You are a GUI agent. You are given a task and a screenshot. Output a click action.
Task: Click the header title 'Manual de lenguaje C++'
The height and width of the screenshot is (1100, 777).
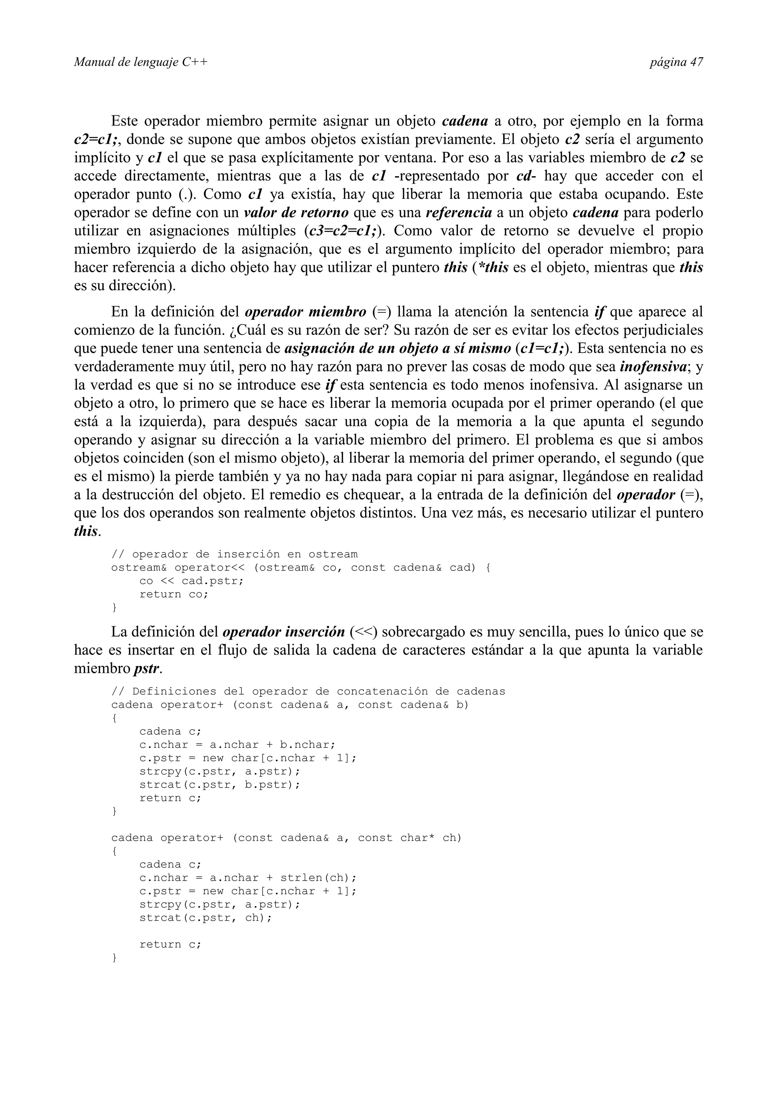point(141,62)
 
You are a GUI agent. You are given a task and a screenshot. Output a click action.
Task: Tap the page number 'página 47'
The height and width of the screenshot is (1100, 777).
point(676,62)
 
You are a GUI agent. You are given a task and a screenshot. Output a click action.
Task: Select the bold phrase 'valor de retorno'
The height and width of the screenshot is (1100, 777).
point(296,213)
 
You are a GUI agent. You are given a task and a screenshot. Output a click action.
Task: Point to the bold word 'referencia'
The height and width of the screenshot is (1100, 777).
point(459,213)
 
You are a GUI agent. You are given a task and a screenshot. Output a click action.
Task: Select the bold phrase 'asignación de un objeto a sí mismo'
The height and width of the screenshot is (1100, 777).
point(397,348)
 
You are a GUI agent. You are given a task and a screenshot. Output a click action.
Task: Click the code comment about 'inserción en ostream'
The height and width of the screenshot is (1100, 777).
point(234,554)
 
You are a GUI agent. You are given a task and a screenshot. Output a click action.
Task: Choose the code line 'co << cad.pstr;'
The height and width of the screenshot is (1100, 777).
point(192,581)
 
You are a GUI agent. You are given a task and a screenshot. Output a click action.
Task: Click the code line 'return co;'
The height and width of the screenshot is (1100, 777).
point(174,594)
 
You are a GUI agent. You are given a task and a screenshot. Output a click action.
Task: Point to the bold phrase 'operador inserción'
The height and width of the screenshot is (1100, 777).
point(284,632)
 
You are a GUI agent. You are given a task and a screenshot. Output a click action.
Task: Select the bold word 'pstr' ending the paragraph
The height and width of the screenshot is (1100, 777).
point(146,668)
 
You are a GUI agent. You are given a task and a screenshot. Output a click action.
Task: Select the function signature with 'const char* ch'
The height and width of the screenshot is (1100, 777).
point(286,838)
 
